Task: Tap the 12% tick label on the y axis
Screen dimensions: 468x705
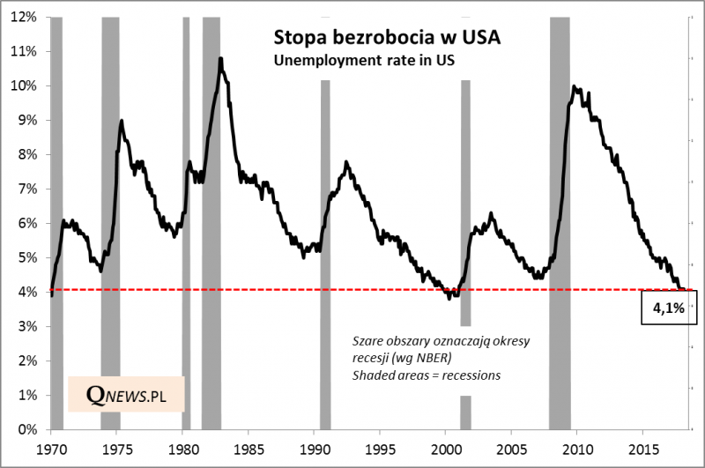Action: click(24, 17)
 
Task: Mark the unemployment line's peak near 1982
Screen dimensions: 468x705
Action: click(219, 59)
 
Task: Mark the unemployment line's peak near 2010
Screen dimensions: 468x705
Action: click(575, 86)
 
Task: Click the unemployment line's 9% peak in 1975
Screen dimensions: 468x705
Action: click(121, 121)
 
